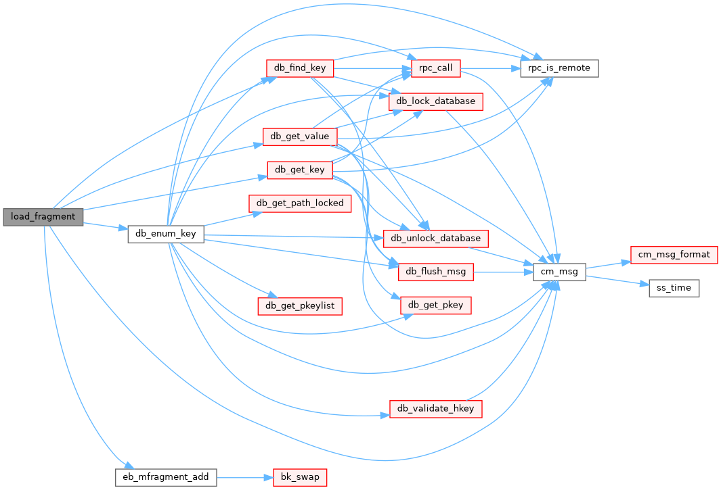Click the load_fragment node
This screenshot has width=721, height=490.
coord(43,217)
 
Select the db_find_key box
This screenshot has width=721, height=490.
coord(299,68)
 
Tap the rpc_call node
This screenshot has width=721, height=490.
coord(435,68)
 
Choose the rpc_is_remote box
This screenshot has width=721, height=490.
coord(559,68)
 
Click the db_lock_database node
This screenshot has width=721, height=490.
coord(435,101)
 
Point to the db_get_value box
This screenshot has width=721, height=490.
coord(299,136)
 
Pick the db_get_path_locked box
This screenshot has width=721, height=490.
coord(300,203)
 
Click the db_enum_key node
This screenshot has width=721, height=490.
coord(166,234)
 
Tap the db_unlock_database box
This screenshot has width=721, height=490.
coord(436,238)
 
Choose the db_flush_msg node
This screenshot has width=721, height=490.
coord(435,272)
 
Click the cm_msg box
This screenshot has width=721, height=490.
coord(559,272)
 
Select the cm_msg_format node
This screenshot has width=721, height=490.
coord(674,254)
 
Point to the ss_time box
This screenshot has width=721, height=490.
coord(674,288)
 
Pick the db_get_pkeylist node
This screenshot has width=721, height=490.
coord(299,305)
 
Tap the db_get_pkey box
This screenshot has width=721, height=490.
coord(435,305)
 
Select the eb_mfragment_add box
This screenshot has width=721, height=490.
coord(166,477)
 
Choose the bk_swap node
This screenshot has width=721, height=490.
coord(299,477)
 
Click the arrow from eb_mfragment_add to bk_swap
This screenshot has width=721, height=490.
coord(244,477)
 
